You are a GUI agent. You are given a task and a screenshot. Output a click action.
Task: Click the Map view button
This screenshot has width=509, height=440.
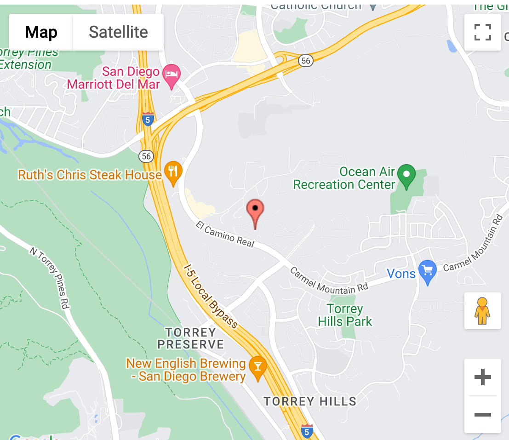pos(41,32)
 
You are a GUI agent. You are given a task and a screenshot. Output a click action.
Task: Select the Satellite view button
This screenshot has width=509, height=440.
pos(118,32)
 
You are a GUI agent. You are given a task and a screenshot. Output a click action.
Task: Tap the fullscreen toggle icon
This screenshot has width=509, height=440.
pos(482,32)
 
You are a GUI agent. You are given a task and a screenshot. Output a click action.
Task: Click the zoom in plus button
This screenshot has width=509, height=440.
pos(482,377)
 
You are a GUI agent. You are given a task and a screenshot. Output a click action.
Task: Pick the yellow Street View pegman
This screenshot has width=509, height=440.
pos(482,311)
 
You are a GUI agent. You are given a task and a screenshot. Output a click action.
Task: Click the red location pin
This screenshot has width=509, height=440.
pos(255,211)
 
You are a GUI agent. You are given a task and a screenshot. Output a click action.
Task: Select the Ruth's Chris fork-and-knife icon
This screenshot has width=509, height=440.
pos(173,171)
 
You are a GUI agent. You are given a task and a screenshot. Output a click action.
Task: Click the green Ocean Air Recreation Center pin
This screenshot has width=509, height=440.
pos(406,175)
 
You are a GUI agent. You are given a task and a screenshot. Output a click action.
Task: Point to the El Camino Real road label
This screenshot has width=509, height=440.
pos(225,234)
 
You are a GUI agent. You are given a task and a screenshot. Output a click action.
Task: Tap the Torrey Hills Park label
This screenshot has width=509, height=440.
pos(345,315)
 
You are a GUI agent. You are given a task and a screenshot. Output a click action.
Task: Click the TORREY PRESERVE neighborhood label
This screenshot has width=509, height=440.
pos(190,338)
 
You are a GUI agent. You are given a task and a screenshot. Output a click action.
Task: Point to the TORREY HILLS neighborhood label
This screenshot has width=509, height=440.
pos(310,401)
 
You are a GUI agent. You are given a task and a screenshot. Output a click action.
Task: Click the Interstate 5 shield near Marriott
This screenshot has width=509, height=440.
pos(148,119)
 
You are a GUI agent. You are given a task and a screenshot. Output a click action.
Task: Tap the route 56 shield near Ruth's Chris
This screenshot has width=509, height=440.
pos(146,156)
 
